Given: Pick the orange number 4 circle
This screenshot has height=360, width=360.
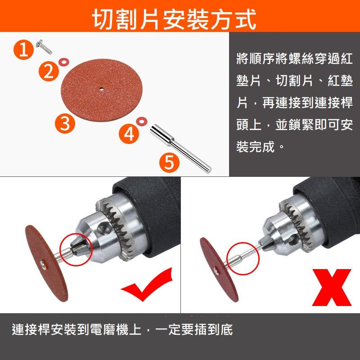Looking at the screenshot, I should [x=129, y=133].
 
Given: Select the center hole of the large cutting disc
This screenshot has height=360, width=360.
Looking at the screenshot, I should [x=102, y=89].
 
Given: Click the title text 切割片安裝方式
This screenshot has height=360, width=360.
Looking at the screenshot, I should [x=175, y=19].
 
